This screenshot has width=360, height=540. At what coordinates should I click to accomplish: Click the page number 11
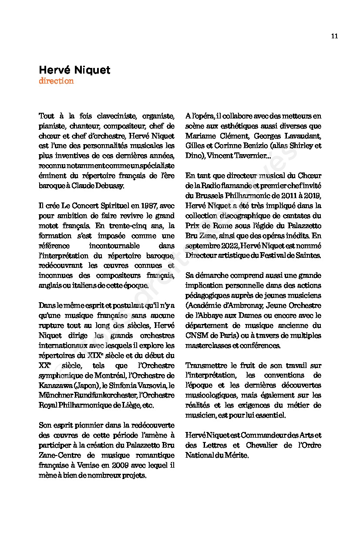coord(334,36)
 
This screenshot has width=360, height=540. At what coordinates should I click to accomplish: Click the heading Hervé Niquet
coord(74,70)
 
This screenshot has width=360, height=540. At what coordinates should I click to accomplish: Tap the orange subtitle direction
coord(56,81)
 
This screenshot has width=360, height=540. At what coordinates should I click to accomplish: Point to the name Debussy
coord(111,186)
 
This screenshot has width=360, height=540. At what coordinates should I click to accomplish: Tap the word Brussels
coord(211,196)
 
